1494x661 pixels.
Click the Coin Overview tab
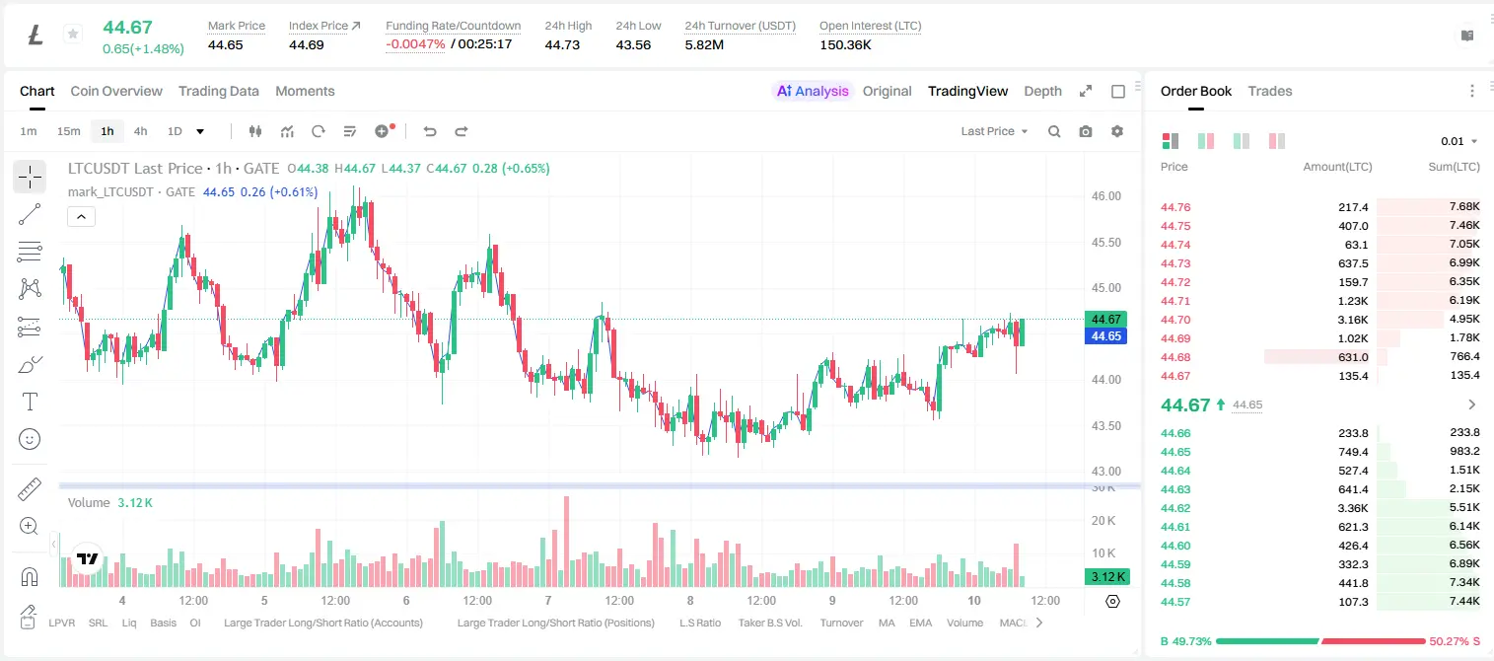(116, 91)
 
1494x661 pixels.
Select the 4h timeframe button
(140, 131)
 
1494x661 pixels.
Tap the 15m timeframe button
(69, 131)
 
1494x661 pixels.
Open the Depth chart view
(1042, 91)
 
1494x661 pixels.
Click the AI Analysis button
(813, 91)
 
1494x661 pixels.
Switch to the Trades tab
(1270, 91)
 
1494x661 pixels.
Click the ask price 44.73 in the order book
(1175, 263)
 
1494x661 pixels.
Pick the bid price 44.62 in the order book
(1175, 508)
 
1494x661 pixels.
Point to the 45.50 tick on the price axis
(1105, 242)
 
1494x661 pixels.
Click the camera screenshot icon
(1085, 131)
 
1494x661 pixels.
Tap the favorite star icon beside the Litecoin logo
(73, 34)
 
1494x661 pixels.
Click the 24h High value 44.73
(562, 44)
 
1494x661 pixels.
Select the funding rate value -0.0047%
(415, 44)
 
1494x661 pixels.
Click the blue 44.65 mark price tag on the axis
(1105, 336)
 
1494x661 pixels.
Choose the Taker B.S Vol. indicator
(769, 623)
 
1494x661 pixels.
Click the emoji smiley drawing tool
(30, 439)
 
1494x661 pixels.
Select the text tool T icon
(30, 402)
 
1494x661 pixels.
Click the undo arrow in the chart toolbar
(430, 131)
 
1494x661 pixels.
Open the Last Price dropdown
(994, 131)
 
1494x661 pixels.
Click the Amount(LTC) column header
(1337, 167)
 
